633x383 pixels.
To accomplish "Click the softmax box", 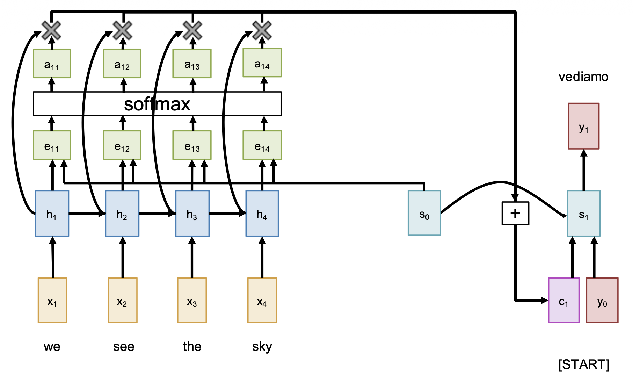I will (157, 104).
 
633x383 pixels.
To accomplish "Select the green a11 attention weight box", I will (52, 64).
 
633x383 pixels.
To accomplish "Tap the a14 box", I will (262, 63).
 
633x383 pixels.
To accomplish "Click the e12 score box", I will (122, 145).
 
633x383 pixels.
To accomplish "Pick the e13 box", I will (192, 145).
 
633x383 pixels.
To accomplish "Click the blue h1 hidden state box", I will (52, 214).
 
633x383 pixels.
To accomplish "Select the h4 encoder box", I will (262, 214).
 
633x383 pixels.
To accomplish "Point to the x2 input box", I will (122, 300).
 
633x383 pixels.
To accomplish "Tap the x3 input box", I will (192, 300).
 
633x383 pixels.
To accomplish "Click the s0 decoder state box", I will (424, 213).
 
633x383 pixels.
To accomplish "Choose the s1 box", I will (583, 214).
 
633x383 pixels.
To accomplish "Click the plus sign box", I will (515, 214).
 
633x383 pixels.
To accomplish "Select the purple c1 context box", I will (563, 300).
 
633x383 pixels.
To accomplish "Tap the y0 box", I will (602, 300).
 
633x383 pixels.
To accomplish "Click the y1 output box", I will (583, 126).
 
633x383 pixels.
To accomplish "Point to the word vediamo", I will (583, 77).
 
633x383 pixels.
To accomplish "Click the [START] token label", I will (584, 364).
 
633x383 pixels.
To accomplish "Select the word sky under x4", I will (262, 346).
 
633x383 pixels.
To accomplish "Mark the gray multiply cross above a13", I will (192, 30).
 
